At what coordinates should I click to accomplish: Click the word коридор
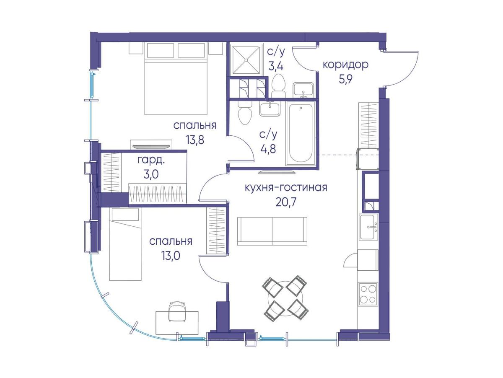345,65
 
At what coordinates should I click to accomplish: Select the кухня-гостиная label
286,188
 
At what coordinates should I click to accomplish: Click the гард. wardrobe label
151,161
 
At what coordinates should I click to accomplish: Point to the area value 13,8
195,140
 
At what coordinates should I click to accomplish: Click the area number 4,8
268,149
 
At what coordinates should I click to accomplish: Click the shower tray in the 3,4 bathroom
246,60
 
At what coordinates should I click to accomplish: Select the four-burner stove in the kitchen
368,294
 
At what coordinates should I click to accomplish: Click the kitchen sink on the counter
368,227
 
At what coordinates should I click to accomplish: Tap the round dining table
286,298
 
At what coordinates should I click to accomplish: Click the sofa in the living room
272,231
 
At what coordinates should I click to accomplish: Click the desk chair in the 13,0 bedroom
177,311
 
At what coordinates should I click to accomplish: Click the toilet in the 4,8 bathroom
245,113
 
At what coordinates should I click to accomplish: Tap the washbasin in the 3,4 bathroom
303,90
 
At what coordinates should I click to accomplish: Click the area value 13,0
171,255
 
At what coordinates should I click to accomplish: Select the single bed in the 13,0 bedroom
125,244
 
